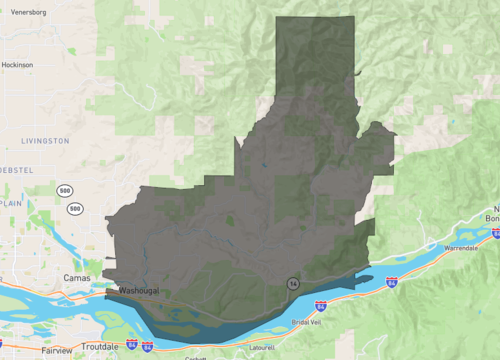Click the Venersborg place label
[28, 12]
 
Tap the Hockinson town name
[17, 64]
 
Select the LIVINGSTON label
[45, 141]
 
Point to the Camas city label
[76, 277]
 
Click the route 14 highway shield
[290, 283]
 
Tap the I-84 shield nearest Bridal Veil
[320, 305]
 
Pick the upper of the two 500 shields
[64, 190]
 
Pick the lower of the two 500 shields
[76, 208]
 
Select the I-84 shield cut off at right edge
[495, 233]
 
